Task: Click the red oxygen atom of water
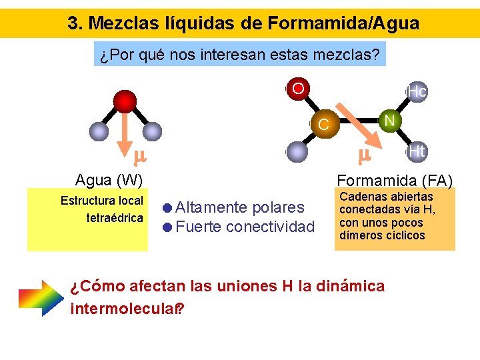coord(124,101)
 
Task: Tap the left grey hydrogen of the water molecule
coord(99,131)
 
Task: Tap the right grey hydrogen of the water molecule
coord(152,131)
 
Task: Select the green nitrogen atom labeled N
coord(389,120)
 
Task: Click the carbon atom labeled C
coord(323,124)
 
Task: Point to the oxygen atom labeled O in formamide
coord(298,89)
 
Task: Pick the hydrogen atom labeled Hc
coord(417,91)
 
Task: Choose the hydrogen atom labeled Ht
coord(417,151)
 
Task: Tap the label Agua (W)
coord(109,180)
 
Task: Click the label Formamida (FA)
coord(395,181)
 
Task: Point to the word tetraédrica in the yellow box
coord(115,218)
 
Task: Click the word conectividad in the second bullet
coord(270,227)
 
